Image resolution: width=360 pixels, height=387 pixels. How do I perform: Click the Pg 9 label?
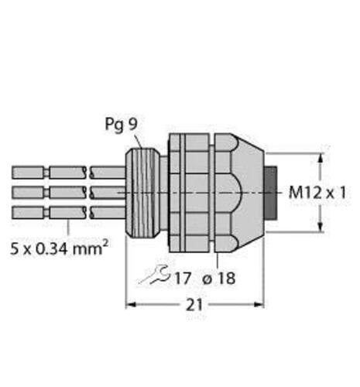tap(121, 125)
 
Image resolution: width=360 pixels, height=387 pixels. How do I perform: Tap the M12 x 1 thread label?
tap(317, 193)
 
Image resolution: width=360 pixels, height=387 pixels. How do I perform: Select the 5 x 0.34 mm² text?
tap(59, 248)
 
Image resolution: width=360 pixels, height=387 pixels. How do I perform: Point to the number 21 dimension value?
tap(194, 305)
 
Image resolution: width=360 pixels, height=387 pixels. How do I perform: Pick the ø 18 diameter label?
tap(219, 278)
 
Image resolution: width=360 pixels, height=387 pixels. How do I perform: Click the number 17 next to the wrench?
tap(183, 278)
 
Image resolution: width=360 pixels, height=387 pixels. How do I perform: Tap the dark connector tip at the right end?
tap(272, 193)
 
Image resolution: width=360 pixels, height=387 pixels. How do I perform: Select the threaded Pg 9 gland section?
tap(142, 193)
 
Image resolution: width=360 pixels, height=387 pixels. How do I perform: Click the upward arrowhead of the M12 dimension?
tap(321, 157)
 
